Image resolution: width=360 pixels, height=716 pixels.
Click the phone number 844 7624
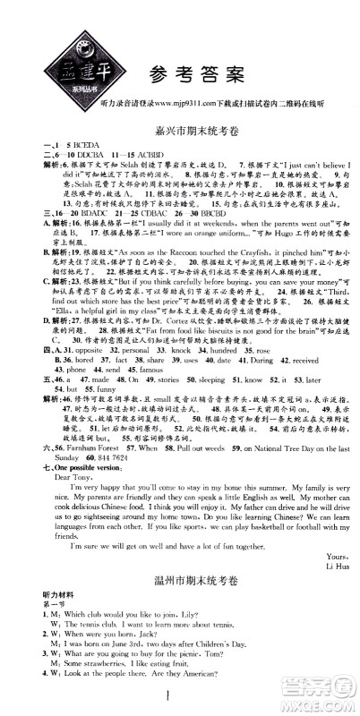tap(81, 448)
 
